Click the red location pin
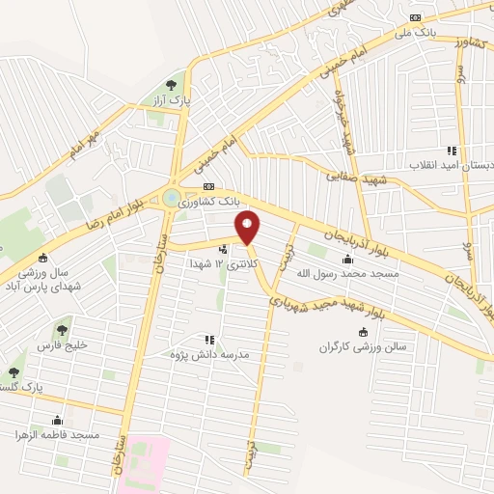(248, 227)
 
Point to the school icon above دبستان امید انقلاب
(451, 151)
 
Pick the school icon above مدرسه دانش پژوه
(207, 339)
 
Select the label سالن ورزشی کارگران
(362, 346)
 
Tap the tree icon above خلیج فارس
(64, 330)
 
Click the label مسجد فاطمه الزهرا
(61, 436)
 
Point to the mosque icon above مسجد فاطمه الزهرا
(58, 421)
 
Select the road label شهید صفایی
(356, 179)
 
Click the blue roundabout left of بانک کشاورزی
(172, 198)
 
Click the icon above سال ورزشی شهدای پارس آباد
(42, 258)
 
